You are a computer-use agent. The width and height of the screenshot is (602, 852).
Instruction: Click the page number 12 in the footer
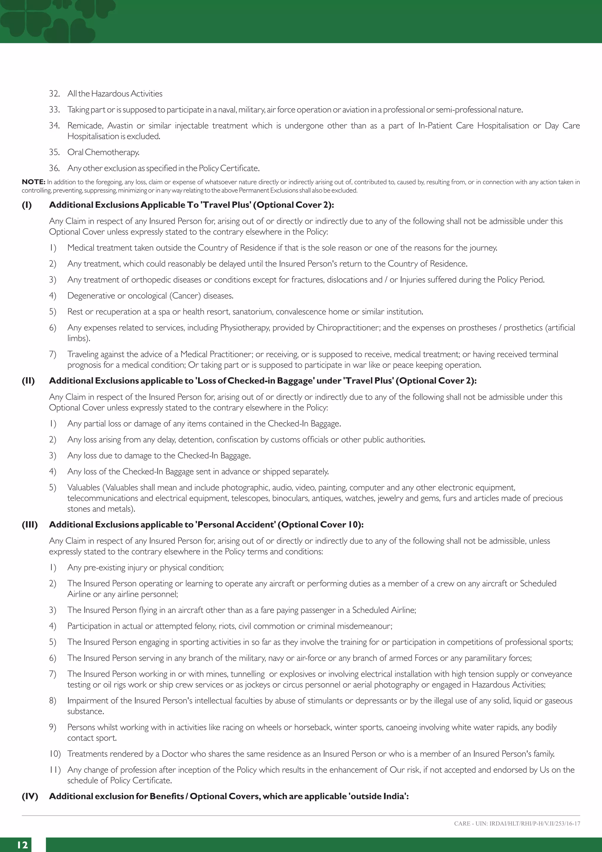click(22, 845)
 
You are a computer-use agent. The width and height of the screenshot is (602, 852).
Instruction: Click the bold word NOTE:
click(33, 182)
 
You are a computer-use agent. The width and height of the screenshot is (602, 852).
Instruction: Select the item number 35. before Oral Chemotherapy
click(54, 152)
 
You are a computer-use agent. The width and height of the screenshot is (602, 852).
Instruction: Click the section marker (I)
click(27, 205)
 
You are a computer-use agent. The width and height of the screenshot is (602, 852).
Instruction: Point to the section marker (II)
click(28, 381)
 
